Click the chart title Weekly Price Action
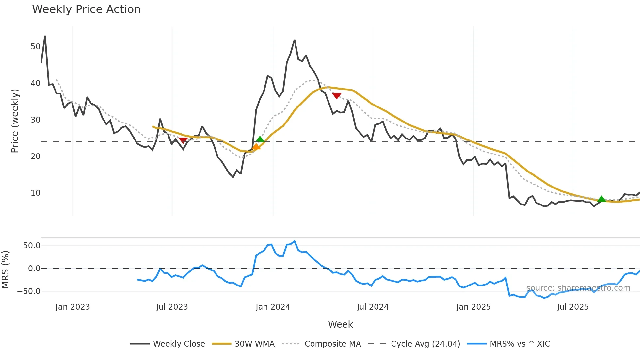click(x=86, y=9)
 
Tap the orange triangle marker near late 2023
click(x=256, y=147)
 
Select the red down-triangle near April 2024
click(x=337, y=96)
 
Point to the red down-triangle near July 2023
click(x=183, y=140)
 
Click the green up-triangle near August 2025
click(x=601, y=199)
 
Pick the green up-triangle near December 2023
click(x=260, y=139)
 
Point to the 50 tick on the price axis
click(x=35, y=47)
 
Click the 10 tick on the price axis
click(x=35, y=193)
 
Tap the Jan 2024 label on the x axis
click(x=273, y=307)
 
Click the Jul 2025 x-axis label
click(x=573, y=307)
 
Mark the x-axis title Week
click(x=340, y=324)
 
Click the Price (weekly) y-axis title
click(x=15, y=121)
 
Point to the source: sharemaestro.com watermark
click(x=578, y=288)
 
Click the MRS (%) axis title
click(x=5, y=270)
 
